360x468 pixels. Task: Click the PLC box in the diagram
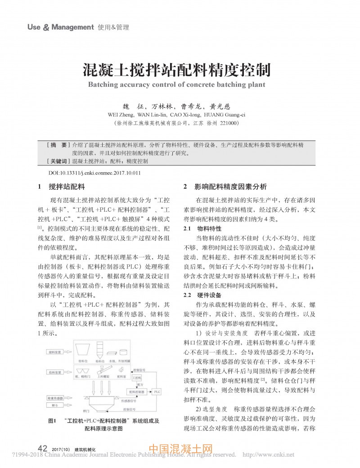157,392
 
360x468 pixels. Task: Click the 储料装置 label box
54,352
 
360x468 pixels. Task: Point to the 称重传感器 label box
55,398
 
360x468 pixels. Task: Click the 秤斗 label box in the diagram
54,405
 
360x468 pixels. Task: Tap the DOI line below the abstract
94,173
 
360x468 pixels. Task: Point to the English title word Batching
103,85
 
